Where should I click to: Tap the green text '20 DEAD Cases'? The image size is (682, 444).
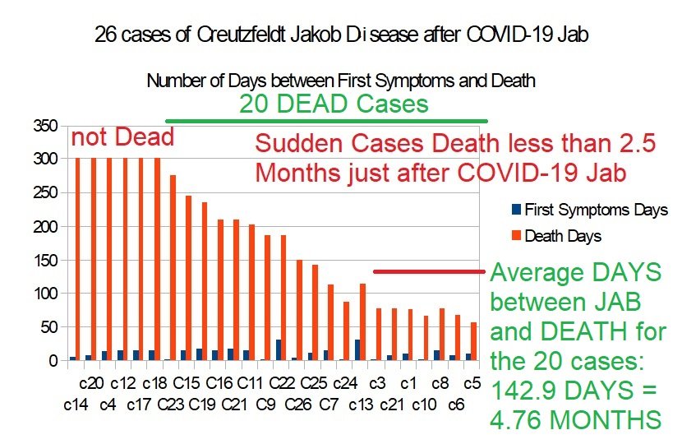click(334, 104)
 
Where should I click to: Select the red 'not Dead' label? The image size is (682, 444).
click(122, 137)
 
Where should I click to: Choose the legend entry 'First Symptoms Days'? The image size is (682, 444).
click(596, 210)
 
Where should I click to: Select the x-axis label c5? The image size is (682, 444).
click(472, 383)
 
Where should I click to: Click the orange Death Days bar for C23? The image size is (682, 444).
click(173, 267)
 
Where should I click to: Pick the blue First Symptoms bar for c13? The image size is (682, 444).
click(357, 349)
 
